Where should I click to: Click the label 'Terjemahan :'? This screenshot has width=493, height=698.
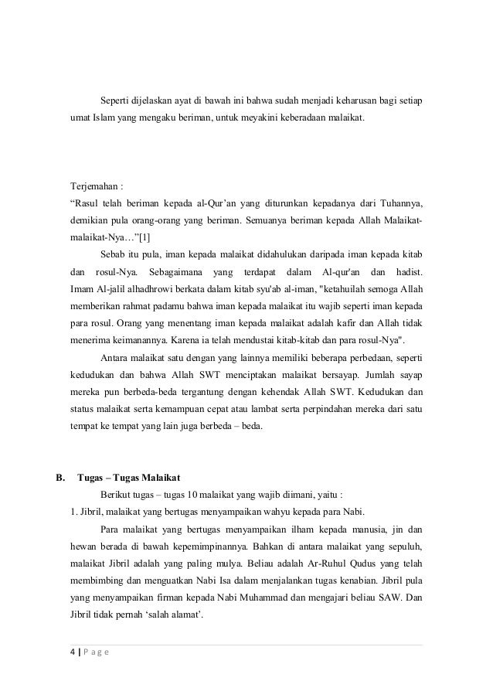tap(97, 187)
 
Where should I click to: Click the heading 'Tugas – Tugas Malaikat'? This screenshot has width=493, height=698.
tap(129, 475)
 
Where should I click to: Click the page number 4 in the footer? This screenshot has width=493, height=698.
tap(73, 652)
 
